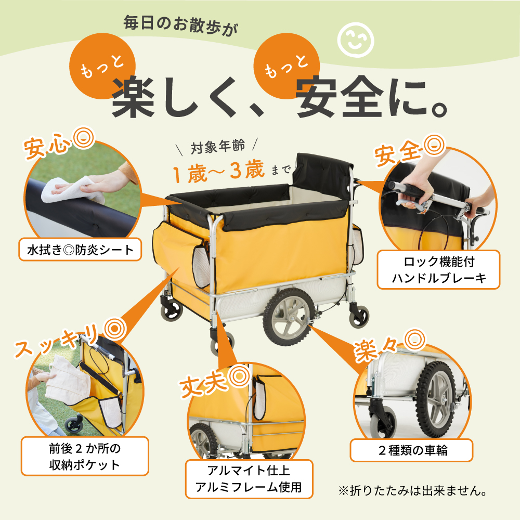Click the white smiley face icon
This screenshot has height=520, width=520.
(356, 40)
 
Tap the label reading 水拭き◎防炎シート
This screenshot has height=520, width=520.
(80, 250)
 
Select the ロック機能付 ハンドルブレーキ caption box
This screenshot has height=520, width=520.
(438, 269)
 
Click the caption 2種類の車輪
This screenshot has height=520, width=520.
(411, 450)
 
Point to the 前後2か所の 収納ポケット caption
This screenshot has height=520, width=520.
(85, 457)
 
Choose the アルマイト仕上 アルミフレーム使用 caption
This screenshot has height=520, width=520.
(249, 479)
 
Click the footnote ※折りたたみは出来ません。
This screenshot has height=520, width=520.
(413, 490)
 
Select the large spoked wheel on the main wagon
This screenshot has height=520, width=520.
(289, 317)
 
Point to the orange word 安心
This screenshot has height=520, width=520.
(47, 146)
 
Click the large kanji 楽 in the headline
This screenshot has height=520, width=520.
(133, 97)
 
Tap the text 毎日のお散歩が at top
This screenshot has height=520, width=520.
(181, 25)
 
